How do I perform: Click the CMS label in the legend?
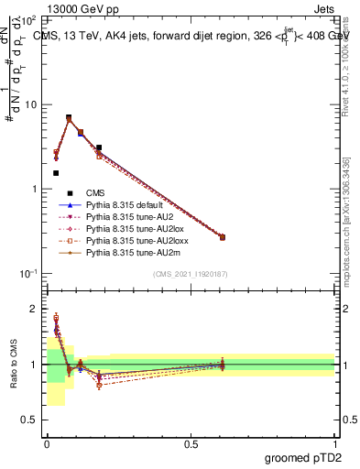(x=94, y=192)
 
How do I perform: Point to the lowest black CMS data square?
(x=56, y=172)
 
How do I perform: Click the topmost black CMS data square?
(x=69, y=118)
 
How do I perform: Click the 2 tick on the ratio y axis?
(x=37, y=309)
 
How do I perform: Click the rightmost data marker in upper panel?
(x=223, y=237)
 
